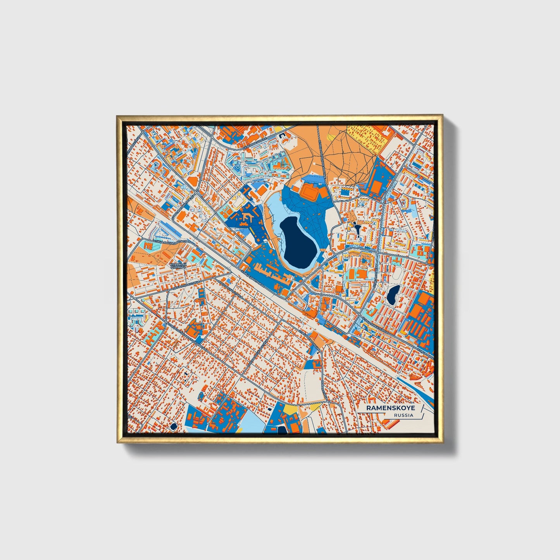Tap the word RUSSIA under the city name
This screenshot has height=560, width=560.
point(403,415)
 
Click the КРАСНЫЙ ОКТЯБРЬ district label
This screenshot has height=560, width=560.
point(178,266)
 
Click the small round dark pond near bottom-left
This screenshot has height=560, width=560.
point(173,426)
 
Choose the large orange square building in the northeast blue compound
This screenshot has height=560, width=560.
point(376,184)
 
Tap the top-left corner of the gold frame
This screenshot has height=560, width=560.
point(118,116)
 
